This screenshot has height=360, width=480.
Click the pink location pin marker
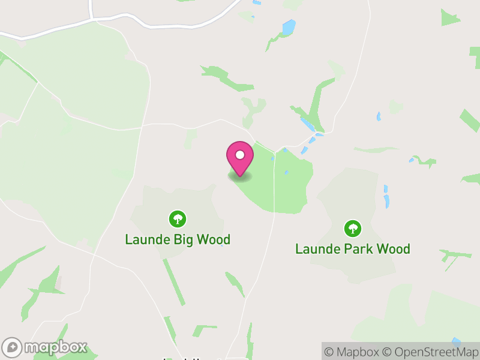pos(239,158)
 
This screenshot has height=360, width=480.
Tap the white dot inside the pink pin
pos(239,155)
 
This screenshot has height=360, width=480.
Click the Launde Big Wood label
pos(178,240)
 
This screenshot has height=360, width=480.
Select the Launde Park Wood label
pos(353,248)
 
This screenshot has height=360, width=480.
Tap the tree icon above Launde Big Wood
pos(177,218)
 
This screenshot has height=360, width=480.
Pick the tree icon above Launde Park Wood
pos(353,227)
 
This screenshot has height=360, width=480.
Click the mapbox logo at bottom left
pos(45,347)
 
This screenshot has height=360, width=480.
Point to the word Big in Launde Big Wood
pos(181,240)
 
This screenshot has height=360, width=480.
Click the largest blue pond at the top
pos(289,28)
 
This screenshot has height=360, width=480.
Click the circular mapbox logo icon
pos(13,347)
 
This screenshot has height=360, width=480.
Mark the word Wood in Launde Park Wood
pos(393,248)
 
